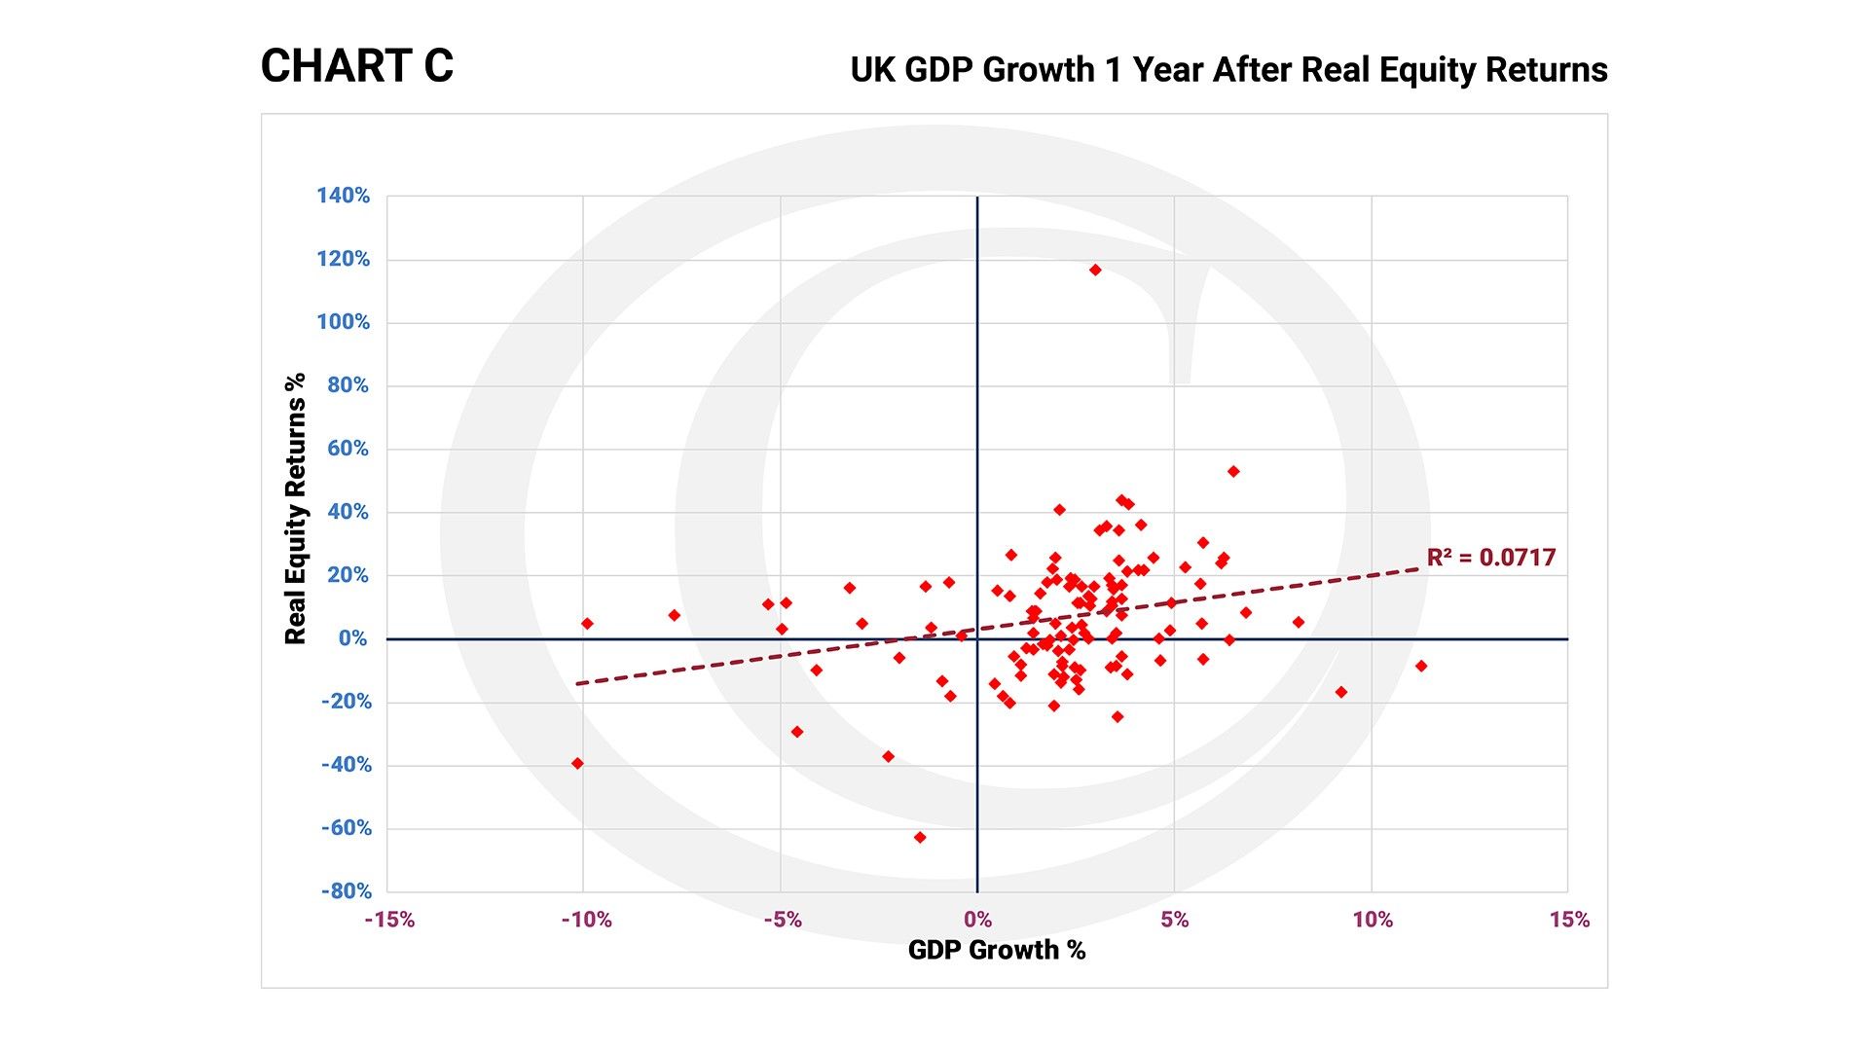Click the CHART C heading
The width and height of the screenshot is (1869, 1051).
(x=357, y=66)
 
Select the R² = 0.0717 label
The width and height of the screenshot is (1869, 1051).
(x=1490, y=558)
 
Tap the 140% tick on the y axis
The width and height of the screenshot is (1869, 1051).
(x=343, y=196)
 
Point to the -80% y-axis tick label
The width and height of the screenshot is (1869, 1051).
(x=347, y=891)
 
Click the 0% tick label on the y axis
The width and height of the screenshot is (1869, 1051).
(x=352, y=638)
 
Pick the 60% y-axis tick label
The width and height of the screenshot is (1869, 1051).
(x=348, y=449)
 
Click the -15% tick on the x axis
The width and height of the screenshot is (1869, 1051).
(x=389, y=920)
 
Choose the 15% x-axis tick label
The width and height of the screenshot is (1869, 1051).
(x=1569, y=920)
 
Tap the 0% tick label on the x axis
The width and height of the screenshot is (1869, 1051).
(x=977, y=920)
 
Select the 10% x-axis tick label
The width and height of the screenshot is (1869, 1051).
(x=1373, y=920)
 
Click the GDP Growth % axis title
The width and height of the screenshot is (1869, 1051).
(x=996, y=950)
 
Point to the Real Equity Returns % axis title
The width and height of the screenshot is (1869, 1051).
(x=295, y=508)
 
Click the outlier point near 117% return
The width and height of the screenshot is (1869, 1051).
(x=1095, y=270)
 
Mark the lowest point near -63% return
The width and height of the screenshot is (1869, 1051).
(x=920, y=837)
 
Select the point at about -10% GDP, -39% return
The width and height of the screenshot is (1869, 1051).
(x=577, y=763)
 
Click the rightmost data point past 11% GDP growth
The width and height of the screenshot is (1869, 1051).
(x=1421, y=666)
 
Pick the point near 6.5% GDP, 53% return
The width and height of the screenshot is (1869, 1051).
(x=1233, y=471)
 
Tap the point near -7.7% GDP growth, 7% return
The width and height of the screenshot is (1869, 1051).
(x=674, y=615)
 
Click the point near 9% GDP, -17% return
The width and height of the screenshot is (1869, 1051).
(x=1341, y=692)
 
